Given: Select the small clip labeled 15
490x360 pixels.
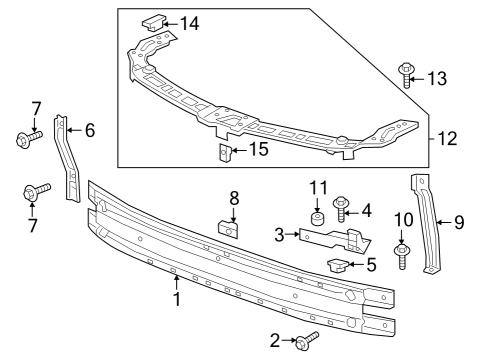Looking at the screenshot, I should tap(225, 153).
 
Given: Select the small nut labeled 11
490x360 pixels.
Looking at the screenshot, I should tap(317, 219).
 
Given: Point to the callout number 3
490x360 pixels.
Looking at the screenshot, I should tap(280, 235).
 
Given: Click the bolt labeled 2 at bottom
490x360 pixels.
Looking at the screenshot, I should tap(306, 342).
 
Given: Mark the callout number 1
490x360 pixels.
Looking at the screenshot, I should tap(177, 299).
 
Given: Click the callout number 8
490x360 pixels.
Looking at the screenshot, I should tap(233, 198).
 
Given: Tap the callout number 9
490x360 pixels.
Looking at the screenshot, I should tap(459, 222).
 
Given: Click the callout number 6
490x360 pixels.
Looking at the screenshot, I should tap(89, 129).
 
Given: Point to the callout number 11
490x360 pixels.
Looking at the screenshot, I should tap(317, 187).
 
